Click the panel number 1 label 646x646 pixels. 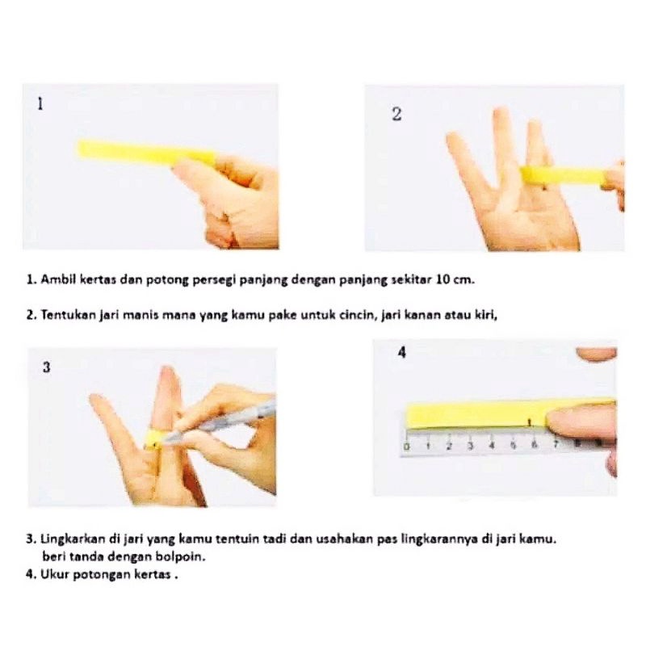(40, 104)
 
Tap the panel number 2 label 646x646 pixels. (396, 114)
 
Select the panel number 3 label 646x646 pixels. (47, 367)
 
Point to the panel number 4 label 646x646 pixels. (402, 352)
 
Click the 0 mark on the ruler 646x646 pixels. (407, 447)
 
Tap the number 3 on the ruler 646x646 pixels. (470, 446)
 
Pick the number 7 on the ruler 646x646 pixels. (556, 444)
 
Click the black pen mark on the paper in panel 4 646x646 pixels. (530, 422)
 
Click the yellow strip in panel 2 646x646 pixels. (563, 176)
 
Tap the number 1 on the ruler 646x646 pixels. (428, 446)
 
